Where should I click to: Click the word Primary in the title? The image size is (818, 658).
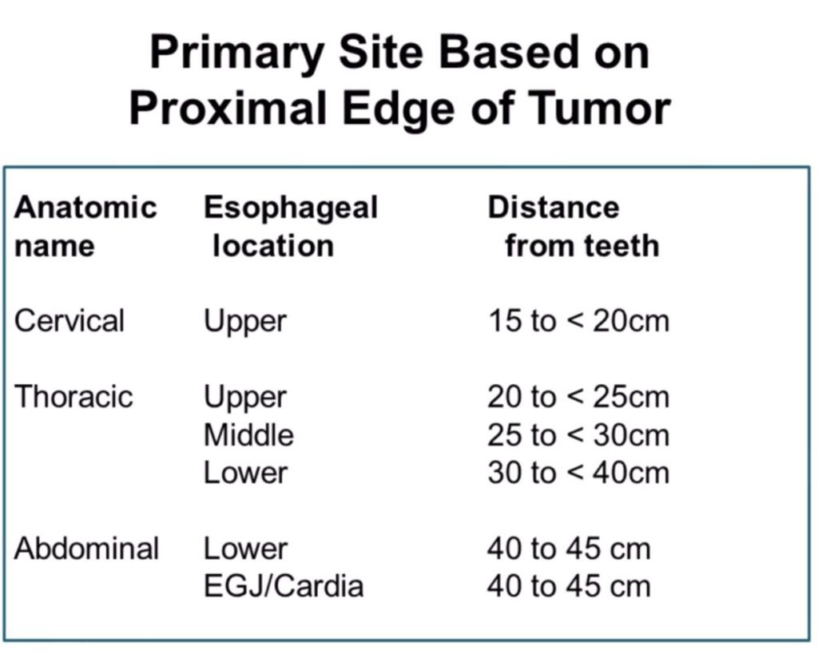(x=237, y=54)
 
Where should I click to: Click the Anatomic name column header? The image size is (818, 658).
(x=86, y=226)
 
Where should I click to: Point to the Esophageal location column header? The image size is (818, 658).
(x=291, y=226)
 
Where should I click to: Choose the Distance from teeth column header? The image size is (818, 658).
(x=574, y=226)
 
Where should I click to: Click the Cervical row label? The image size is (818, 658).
(x=69, y=320)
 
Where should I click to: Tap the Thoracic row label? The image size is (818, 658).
(x=73, y=396)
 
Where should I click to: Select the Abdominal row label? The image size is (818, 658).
(x=86, y=549)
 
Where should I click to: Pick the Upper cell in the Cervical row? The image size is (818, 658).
(x=245, y=322)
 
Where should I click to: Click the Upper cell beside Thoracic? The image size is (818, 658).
(x=245, y=398)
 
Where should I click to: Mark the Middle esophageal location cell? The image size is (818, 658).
(x=249, y=435)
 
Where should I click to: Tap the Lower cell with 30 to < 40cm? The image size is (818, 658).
(x=246, y=473)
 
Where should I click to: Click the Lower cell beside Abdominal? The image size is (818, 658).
(x=246, y=549)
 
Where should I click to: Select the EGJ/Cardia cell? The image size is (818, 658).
(x=284, y=587)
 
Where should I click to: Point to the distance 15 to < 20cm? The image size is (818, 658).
(x=578, y=321)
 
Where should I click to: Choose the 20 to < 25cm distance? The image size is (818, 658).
(x=578, y=397)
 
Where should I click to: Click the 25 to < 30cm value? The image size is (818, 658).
(x=578, y=435)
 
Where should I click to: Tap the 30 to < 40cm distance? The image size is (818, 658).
(x=578, y=473)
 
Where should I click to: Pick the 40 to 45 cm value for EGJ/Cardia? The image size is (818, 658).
(x=569, y=587)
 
